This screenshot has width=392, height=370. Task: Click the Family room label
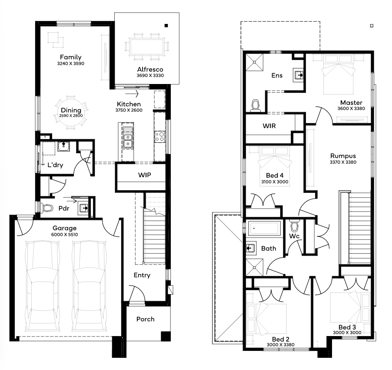(71, 57)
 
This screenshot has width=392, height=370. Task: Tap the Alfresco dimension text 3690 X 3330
(150, 75)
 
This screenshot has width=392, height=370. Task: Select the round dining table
(71, 113)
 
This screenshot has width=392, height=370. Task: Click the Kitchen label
(129, 104)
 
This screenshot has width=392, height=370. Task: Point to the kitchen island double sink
(128, 138)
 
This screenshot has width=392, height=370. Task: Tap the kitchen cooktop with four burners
(159, 137)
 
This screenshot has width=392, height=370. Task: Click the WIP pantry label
(144, 175)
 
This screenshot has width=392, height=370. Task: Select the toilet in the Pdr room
(47, 208)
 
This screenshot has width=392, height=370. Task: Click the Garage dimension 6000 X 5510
(64, 235)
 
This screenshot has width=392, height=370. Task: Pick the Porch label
(146, 319)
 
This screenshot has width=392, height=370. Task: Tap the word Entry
(142, 276)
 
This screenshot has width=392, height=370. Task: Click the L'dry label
(55, 165)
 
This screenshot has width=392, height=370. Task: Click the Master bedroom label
(351, 103)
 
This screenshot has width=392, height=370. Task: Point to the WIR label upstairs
(269, 126)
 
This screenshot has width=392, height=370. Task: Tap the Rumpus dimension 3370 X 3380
(343, 162)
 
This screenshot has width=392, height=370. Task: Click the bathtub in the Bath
(264, 228)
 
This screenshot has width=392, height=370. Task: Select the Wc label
(294, 236)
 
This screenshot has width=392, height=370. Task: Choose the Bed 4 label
(275, 175)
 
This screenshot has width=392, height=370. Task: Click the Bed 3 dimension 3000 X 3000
(347, 333)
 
